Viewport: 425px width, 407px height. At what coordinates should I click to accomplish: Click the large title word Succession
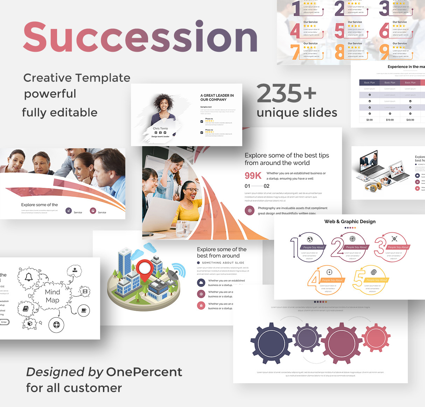click(140, 37)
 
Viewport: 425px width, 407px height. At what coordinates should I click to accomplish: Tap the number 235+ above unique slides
click(286, 93)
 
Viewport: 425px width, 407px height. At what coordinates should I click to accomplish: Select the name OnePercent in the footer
click(144, 372)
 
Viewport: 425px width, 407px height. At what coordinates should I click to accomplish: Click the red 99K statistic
click(253, 176)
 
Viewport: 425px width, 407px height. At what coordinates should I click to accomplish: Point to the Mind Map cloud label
click(53, 296)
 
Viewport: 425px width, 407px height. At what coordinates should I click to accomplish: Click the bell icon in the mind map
click(29, 277)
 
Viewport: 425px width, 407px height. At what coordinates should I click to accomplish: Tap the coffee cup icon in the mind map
click(84, 310)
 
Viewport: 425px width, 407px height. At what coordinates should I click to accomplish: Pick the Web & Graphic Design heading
click(350, 221)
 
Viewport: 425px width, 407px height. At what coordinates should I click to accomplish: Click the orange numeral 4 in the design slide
click(314, 279)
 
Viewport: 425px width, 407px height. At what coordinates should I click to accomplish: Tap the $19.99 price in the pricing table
click(390, 120)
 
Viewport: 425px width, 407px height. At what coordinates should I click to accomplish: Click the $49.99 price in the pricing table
click(410, 120)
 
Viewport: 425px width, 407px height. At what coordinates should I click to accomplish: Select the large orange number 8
click(339, 51)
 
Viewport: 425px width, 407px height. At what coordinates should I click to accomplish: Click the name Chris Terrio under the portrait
click(160, 128)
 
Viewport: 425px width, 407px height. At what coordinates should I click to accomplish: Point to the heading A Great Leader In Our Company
click(217, 98)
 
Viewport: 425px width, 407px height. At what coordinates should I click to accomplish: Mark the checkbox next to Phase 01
click(202, 121)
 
